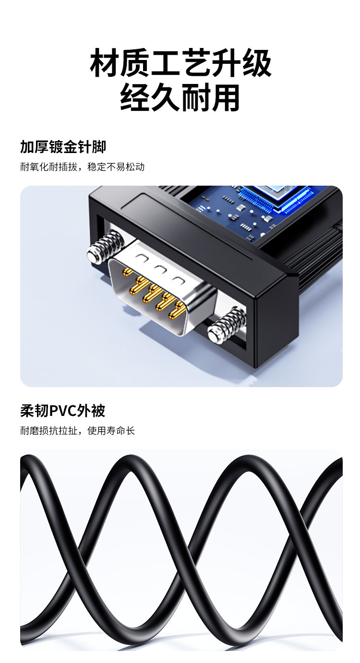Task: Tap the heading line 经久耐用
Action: coord(180,97)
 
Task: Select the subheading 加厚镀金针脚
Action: coord(63,147)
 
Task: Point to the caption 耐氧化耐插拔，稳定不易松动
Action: coord(82,167)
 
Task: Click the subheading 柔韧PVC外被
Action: coord(63,411)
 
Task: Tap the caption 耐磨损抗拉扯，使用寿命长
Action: coord(78,431)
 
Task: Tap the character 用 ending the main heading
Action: coord(225,97)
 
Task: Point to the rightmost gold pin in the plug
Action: coord(179,311)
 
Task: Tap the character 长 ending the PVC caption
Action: coord(131,431)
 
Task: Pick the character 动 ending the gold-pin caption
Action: coord(140,167)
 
